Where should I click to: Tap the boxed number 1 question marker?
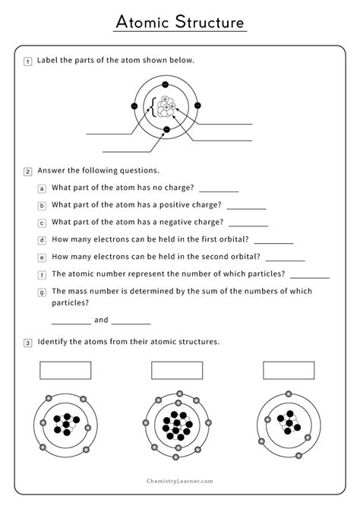pyautogui.click(x=28, y=62)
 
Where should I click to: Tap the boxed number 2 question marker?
pyautogui.click(x=28, y=171)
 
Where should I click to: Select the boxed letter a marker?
pyautogui.click(x=43, y=188)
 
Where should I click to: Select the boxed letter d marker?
pyautogui.click(x=43, y=239)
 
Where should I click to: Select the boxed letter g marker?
pyautogui.click(x=43, y=292)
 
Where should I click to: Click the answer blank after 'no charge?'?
pyautogui.click(x=219, y=190)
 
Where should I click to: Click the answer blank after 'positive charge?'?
pyautogui.click(x=246, y=207)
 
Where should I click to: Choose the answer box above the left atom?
pyautogui.click(x=65, y=369)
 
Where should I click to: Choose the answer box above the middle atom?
pyautogui.click(x=177, y=369)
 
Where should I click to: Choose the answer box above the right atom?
pyautogui.click(x=289, y=369)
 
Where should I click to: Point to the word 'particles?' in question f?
pyautogui.click(x=265, y=274)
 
